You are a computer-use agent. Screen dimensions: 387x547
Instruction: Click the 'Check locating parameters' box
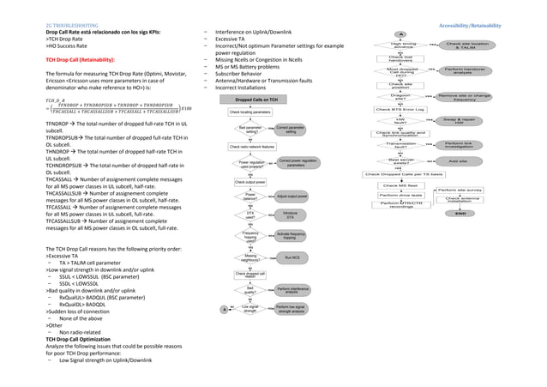(x=251, y=112)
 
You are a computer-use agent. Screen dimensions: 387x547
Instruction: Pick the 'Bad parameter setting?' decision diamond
(x=251, y=130)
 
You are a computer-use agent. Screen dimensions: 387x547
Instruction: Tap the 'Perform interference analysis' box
(x=292, y=292)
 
